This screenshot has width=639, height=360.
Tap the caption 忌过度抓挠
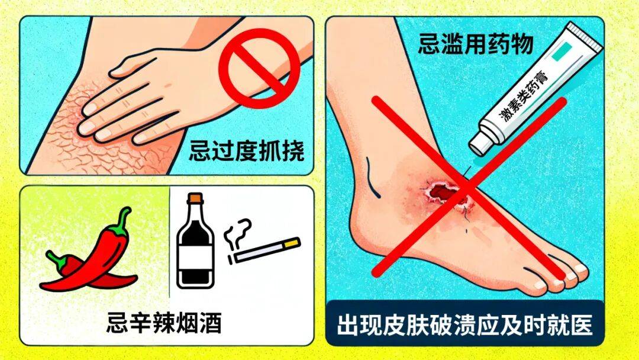[x=247, y=151]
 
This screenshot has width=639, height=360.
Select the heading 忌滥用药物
[x=476, y=44]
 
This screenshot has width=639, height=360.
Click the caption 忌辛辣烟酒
[x=164, y=323]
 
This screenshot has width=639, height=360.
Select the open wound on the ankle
[x=444, y=192]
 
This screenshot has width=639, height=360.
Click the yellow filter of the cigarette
[x=292, y=243]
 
